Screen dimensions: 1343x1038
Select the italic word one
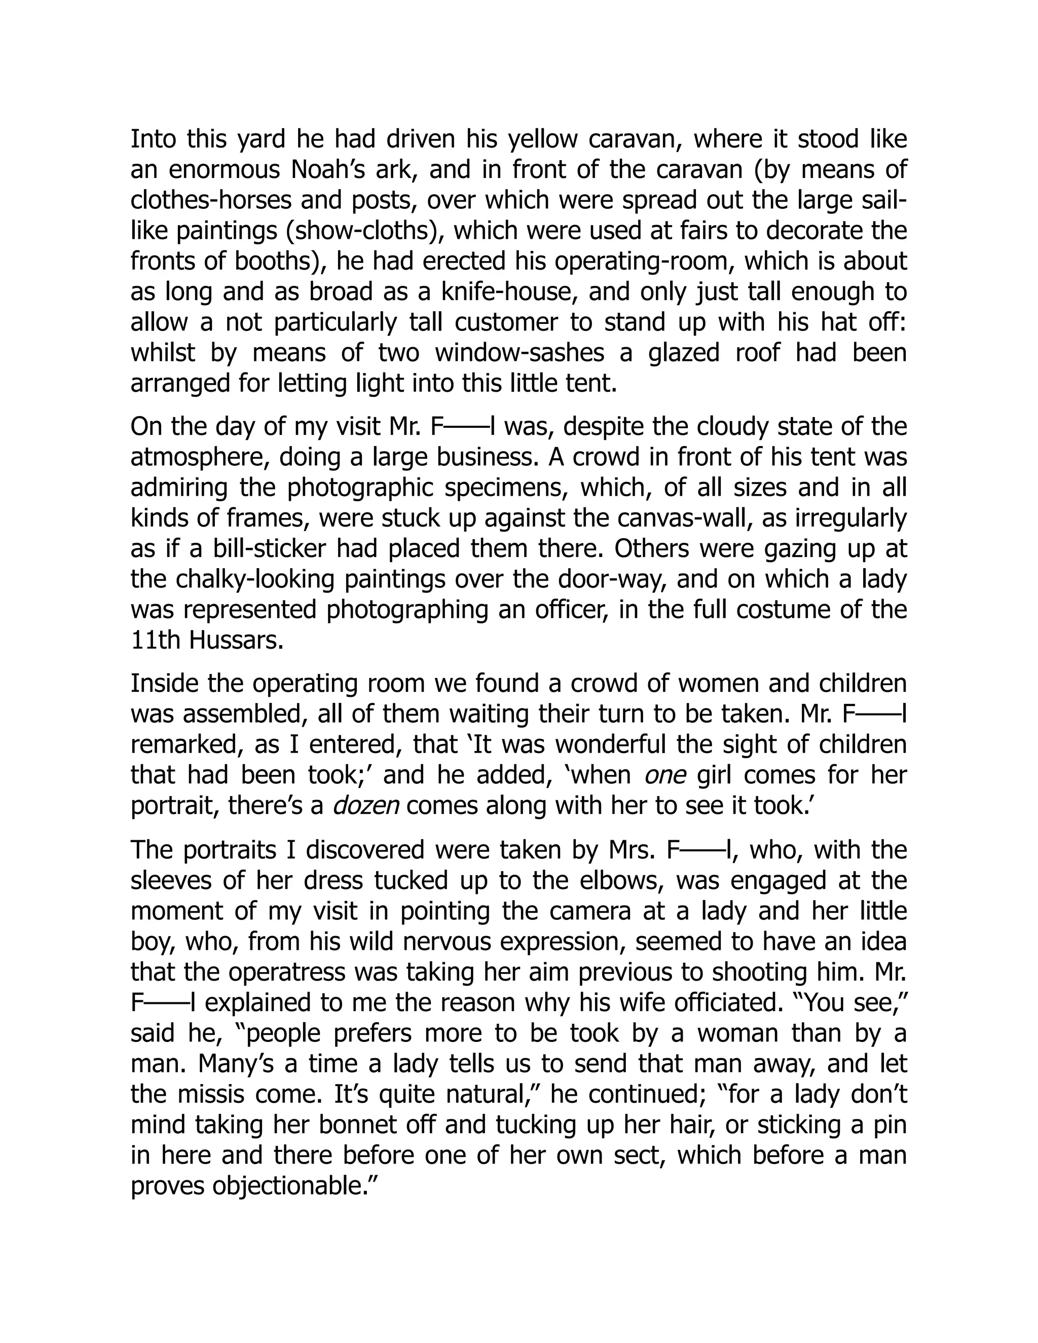point(665,775)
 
